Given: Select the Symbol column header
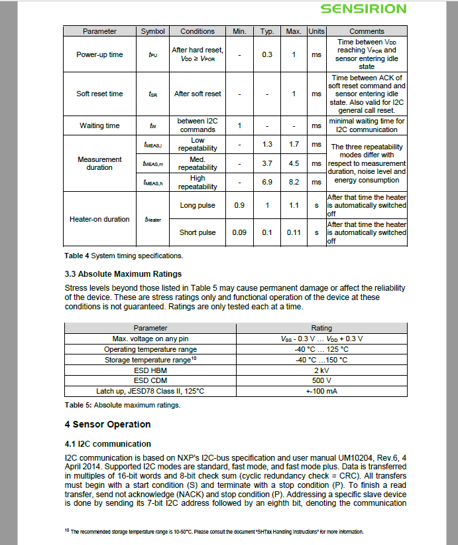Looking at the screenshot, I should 153,31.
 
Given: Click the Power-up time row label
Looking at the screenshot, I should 99,54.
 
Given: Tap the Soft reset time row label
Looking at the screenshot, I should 99,94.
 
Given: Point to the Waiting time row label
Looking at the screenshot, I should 99,125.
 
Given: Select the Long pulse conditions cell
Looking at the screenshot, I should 198,206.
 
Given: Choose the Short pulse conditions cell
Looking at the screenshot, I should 198,232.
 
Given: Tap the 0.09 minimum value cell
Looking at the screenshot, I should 240,232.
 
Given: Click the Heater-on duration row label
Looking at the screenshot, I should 99,219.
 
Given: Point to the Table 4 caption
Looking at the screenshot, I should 123,256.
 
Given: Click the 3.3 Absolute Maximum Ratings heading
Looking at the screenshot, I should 123,273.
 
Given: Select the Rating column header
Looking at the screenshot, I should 321,328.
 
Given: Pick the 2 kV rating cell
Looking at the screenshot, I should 321,370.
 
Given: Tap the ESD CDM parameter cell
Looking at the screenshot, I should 150,380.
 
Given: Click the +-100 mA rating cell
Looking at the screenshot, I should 321,391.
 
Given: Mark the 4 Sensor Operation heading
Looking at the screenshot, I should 107,424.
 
